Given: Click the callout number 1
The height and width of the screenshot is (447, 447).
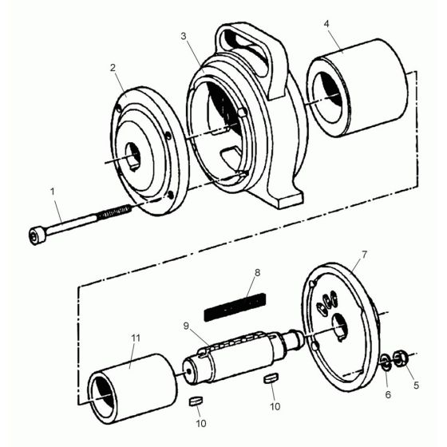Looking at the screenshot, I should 53,192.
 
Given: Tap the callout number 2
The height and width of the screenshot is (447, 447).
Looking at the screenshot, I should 113,67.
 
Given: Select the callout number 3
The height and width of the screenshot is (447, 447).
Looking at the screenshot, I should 184,37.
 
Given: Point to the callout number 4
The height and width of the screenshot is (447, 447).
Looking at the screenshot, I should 326,24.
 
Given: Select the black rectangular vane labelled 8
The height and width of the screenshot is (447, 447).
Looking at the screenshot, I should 235,306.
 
